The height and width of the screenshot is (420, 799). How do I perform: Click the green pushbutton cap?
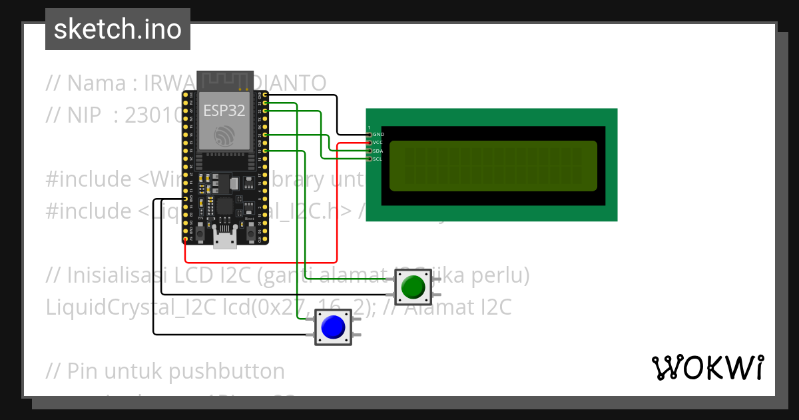(x=413, y=287)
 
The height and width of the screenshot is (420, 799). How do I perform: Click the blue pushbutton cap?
(x=333, y=327)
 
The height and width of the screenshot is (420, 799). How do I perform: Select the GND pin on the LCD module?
(x=370, y=135)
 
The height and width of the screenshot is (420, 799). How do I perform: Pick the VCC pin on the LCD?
(x=370, y=143)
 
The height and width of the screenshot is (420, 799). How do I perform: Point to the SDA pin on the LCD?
(x=370, y=151)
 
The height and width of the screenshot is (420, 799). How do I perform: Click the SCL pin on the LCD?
(x=370, y=159)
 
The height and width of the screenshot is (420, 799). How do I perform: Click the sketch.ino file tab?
(x=118, y=29)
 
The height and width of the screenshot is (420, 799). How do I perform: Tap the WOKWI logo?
(x=707, y=367)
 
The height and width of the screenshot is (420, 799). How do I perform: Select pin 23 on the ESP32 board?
(x=265, y=103)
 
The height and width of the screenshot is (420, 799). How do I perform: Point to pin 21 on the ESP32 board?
(x=265, y=135)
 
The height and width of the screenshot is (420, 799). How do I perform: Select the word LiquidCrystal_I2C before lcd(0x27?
(x=131, y=307)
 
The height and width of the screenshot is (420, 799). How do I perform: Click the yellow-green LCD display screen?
(x=493, y=166)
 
